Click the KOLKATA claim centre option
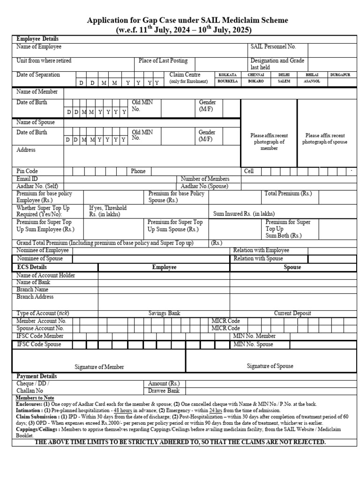point(227,75)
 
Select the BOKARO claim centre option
point(255,81)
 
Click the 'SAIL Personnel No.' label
point(273,47)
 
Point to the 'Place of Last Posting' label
point(163,61)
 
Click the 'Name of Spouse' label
point(36,122)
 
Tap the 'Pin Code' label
point(27,171)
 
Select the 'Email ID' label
point(27,179)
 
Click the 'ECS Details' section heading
point(33,267)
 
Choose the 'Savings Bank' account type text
point(164,313)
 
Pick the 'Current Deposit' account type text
point(292,313)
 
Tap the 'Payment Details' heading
point(37,376)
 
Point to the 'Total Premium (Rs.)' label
point(288,193)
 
